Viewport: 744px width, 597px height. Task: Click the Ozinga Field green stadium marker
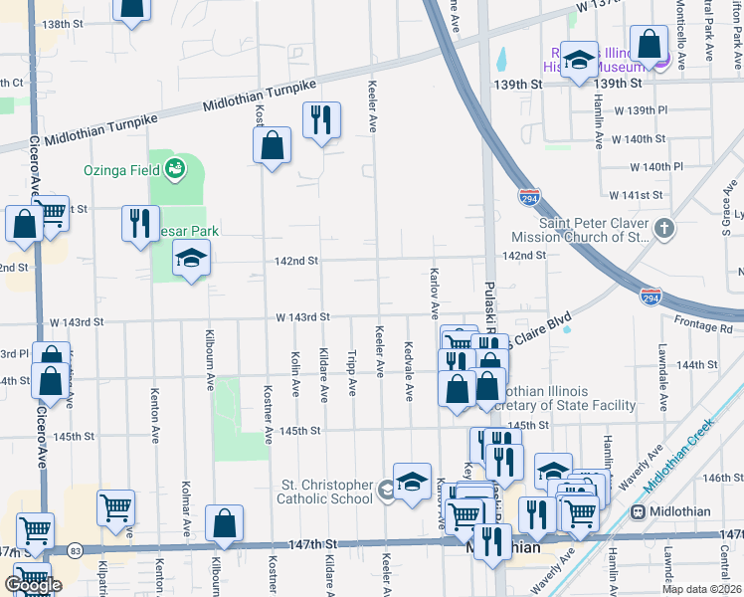[175, 168]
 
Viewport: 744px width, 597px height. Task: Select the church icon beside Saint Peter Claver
[664, 230]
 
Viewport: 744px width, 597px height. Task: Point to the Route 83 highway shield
[76, 549]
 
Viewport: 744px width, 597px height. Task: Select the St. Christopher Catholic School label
[324, 493]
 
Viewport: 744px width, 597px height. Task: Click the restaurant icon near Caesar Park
[140, 222]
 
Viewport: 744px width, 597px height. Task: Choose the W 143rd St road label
[302, 317]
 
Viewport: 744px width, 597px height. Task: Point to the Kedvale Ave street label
[409, 370]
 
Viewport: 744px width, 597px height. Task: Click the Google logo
[33, 585]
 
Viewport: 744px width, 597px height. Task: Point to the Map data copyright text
[701, 589]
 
